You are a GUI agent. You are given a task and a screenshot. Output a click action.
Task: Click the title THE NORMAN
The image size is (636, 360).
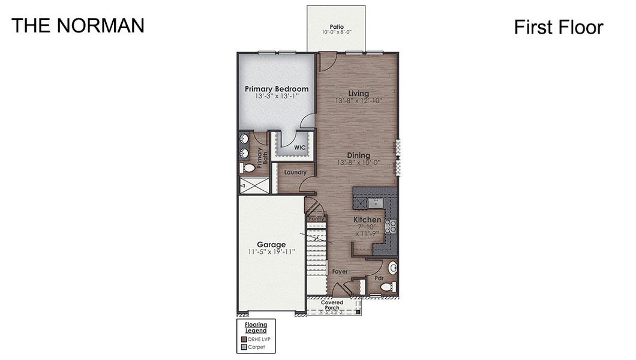[77, 25]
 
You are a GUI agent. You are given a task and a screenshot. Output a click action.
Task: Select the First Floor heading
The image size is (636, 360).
[558, 27]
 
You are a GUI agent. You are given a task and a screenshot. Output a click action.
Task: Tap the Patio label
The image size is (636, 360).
[336, 27]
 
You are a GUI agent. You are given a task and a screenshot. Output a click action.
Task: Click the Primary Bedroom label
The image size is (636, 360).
[277, 89]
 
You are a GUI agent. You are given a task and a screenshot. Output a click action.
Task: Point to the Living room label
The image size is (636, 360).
[359, 94]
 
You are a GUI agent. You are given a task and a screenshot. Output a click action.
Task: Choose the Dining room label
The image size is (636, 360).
[358, 155]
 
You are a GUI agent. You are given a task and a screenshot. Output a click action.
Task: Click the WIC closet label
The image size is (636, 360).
[300, 147]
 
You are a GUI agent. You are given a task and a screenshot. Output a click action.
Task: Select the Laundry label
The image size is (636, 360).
[295, 173]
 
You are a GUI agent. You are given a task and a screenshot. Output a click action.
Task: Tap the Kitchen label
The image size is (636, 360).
[367, 220]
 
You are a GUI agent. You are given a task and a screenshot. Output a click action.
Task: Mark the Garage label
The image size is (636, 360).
[271, 244]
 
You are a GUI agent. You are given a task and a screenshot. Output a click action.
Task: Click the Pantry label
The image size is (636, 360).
[316, 219]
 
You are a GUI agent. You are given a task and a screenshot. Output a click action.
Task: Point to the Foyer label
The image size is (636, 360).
[340, 272]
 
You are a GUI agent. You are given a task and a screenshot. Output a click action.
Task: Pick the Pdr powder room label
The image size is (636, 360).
[379, 278]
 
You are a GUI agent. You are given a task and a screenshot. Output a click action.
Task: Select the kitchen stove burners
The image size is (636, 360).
[390, 226]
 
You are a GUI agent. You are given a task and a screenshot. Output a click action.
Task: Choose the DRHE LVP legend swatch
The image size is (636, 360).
[244, 338]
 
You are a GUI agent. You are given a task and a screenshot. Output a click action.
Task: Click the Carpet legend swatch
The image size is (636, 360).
[244, 346]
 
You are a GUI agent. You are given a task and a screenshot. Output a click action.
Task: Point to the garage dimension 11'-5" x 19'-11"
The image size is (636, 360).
[271, 252]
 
